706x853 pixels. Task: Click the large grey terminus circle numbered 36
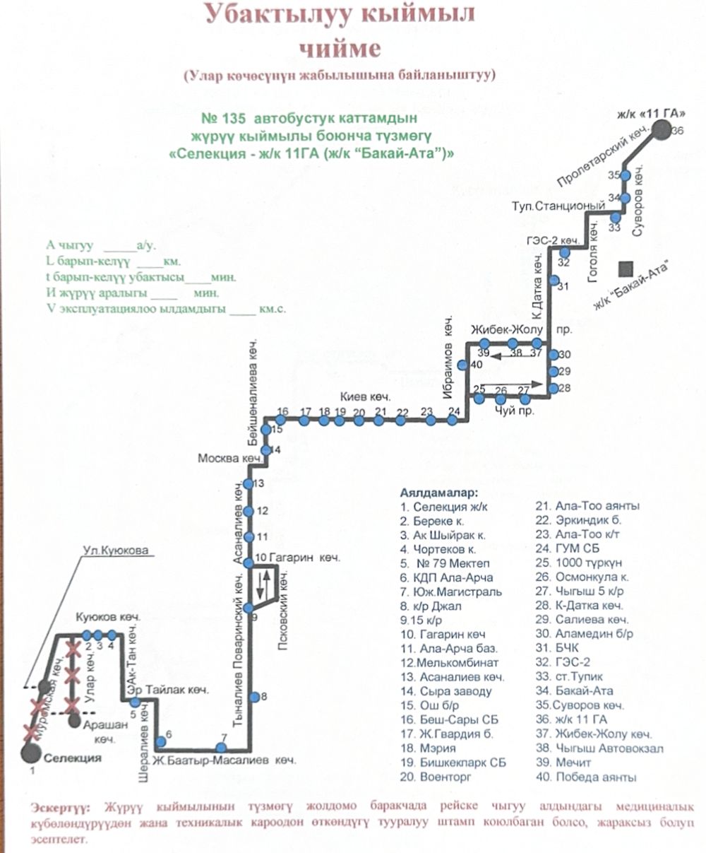click(662, 130)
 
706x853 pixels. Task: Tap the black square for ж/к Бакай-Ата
click(625, 269)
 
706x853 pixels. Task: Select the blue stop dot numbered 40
click(463, 365)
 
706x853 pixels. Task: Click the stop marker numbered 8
click(254, 697)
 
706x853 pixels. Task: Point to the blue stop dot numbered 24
click(454, 421)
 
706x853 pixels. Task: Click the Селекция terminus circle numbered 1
click(30, 753)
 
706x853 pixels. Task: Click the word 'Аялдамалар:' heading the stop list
click(438, 491)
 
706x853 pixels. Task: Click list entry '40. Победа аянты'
click(587, 777)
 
